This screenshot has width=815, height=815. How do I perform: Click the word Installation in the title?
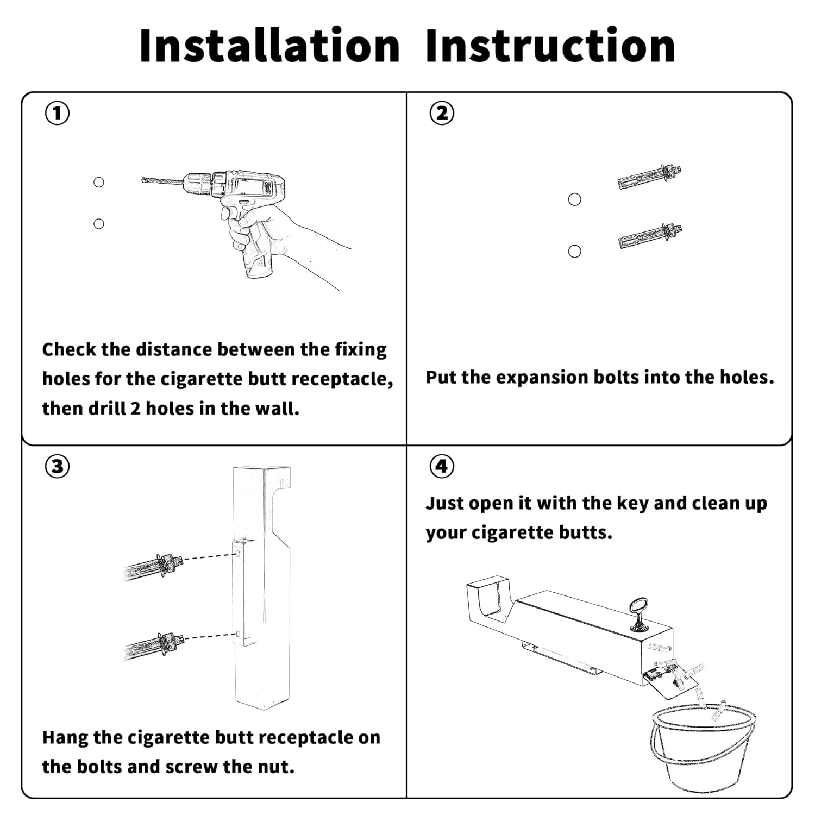(x=269, y=46)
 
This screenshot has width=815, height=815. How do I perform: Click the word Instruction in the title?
(x=550, y=46)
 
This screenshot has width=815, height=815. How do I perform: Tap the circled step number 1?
(x=57, y=113)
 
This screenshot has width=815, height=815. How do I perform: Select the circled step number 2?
(x=442, y=113)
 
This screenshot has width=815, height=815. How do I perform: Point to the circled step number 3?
(x=57, y=466)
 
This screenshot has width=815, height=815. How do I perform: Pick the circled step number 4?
(x=442, y=466)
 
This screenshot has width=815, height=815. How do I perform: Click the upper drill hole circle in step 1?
(x=99, y=182)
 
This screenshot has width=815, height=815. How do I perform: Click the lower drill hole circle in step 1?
(x=99, y=223)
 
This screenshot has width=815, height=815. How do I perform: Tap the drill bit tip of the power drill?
(x=143, y=180)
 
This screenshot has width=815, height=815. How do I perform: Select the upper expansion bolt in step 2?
(x=650, y=177)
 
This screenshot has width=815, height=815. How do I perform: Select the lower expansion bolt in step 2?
(x=650, y=235)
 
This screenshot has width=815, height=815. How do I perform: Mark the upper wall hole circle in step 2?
(x=575, y=199)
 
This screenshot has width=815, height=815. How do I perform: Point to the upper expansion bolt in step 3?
(x=153, y=567)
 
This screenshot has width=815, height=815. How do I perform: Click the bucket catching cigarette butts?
(x=703, y=747)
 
